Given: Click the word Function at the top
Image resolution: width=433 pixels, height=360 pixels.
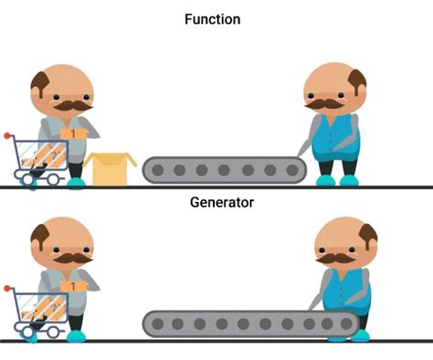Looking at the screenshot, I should click(216, 18).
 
